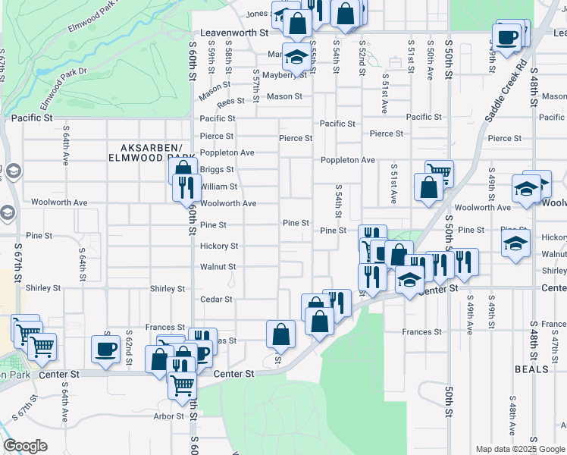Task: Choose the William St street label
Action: (219, 187)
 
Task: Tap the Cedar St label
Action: (215, 300)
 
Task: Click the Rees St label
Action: (230, 101)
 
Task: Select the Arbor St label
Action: (169, 416)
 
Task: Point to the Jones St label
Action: (258, 14)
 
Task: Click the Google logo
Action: (25, 446)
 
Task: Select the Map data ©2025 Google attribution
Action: (520, 449)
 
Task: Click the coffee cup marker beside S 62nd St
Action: (105, 348)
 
